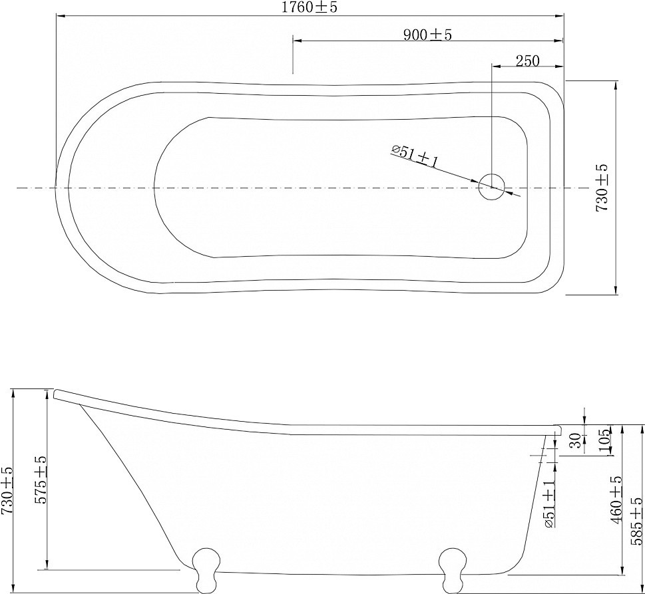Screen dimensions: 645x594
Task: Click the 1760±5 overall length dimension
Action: coord(310,7)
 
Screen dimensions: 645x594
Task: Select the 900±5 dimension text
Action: coord(427,35)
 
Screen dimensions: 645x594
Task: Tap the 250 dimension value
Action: coord(527,61)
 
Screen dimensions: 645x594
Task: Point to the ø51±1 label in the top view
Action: coord(414,156)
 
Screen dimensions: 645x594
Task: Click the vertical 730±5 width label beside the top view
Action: coord(602,188)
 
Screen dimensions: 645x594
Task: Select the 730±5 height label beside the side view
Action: coord(7,491)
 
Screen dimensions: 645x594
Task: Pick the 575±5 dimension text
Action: coord(41,480)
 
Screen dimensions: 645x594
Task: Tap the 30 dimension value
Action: coord(576,440)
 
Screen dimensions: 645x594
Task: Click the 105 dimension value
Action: coord(604,440)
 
